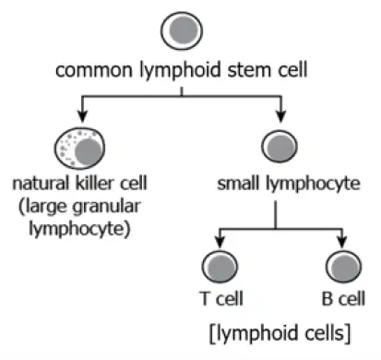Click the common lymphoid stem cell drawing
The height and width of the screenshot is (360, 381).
pyautogui.click(x=182, y=30)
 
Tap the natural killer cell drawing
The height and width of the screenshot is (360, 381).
pyautogui.click(x=79, y=148)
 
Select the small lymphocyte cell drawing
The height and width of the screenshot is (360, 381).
pyautogui.click(x=280, y=146)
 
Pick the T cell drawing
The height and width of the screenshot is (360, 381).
pyautogui.click(x=220, y=267)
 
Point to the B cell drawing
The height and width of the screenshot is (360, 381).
pyautogui.click(x=343, y=267)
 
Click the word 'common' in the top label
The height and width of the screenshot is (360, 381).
pyautogui.click(x=93, y=70)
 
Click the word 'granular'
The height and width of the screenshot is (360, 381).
pyautogui.click(x=106, y=207)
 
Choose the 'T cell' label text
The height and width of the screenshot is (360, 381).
pyautogui.click(x=221, y=298)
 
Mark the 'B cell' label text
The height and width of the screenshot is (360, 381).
pyautogui.click(x=343, y=298)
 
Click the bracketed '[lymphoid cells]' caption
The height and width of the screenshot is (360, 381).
pyautogui.click(x=280, y=333)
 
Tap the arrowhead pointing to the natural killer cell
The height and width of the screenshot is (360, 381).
pyautogui.click(x=82, y=116)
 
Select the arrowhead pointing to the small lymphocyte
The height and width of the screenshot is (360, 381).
pyautogui.click(x=280, y=116)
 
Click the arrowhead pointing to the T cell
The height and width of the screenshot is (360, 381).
pyautogui.click(x=220, y=242)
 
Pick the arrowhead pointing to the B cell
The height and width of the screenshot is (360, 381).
pyautogui.click(x=342, y=242)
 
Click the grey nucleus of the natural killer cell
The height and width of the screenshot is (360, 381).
pyautogui.click(x=89, y=151)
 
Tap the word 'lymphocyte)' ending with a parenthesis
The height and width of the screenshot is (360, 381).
pyautogui.click(x=79, y=229)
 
